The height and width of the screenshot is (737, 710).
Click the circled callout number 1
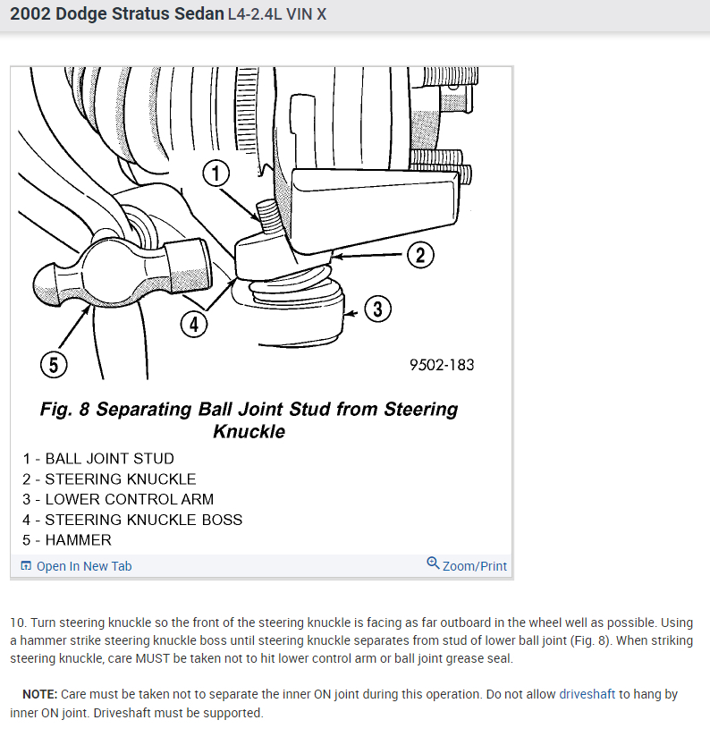pyautogui.click(x=216, y=173)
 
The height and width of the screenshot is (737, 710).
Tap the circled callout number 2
pyautogui.click(x=420, y=255)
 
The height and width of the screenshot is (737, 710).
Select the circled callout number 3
pyautogui.click(x=377, y=309)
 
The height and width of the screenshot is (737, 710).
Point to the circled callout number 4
pyautogui.click(x=194, y=324)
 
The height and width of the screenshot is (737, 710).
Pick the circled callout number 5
pyautogui.click(x=54, y=365)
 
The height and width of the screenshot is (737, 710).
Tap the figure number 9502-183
pyautogui.click(x=442, y=365)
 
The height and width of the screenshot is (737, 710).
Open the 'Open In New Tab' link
pyautogui.click(x=83, y=566)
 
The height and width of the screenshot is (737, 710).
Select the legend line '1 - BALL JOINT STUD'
pyautogui.click(x=98, y=459)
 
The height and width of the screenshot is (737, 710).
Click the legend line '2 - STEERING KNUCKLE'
pyautogui.click(x=109, y=479)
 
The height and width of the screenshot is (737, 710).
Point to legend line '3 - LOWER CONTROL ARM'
pyautogui.click(x=118, y=499)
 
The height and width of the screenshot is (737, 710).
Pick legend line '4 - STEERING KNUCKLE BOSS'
pyautogui.click(x=132, y=520)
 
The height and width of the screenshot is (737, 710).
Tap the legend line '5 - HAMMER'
pyautogui.click(x=67, y=540)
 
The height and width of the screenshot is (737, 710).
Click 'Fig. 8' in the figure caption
pyautogui.click(x=64, y=410)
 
